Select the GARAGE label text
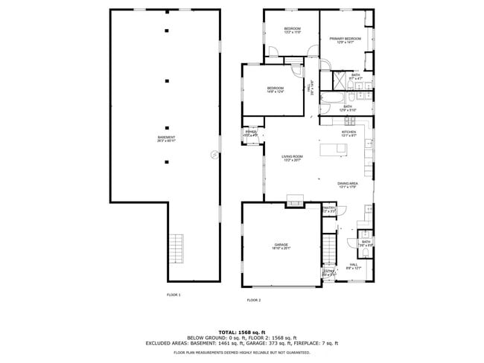281,245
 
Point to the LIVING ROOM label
292,156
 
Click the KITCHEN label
349,132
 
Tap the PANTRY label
329,209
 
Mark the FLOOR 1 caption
173,295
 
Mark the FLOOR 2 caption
254,300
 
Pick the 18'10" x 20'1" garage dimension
281,249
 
